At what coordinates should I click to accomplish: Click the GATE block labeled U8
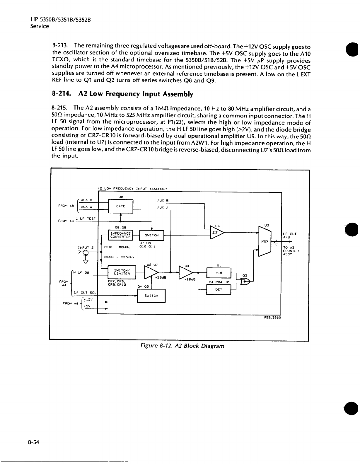[x=121, y=206]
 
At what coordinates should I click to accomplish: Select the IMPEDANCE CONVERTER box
[x=121, y=235]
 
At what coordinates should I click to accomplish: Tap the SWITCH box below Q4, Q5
[x=151, y=296]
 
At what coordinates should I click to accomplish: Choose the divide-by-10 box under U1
[x=219, y=273]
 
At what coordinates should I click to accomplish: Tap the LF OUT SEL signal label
[x=85, y=292]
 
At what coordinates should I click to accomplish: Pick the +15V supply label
[x=88, y=299]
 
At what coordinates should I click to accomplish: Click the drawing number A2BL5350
[x=273, y=317]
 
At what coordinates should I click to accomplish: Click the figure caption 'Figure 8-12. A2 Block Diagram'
[x=182, y=346]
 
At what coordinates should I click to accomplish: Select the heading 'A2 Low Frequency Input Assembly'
[x=136, y=94]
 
